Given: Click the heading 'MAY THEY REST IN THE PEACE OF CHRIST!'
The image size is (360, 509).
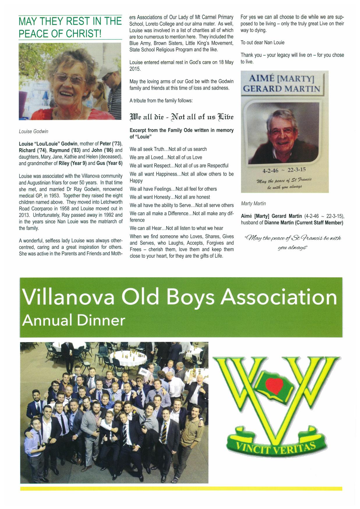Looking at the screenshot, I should [70, 27].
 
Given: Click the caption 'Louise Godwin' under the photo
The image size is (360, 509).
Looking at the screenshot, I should [33, 131].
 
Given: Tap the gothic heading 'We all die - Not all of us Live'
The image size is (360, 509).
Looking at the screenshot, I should [182, 117].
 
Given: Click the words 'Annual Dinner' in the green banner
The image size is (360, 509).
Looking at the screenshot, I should [74, 321].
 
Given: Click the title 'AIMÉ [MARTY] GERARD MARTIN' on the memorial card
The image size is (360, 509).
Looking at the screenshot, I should [281, 83].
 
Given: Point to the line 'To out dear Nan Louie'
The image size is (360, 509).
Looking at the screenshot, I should [263, 42].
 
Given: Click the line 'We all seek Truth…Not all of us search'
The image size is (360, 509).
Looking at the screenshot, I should [168, 149].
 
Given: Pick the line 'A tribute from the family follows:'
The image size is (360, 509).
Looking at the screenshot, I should [161, 101].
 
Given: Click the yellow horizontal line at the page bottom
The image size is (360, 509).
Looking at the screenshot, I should [181, 488].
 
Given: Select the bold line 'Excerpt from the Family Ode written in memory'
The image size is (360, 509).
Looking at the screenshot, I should [182, 130].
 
